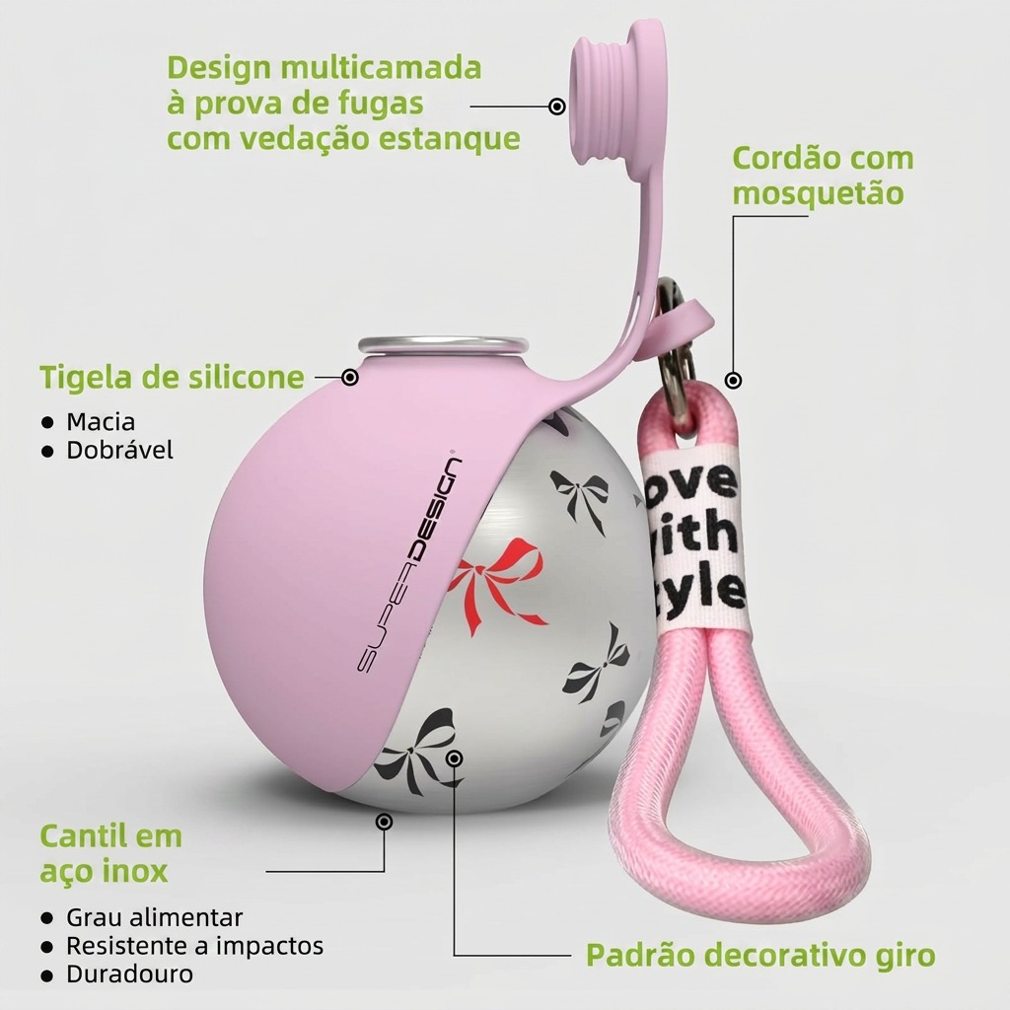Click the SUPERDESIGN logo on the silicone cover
[409, 565]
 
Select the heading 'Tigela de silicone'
[172, 378]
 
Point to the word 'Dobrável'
[119, 450]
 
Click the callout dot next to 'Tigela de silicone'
[350, 377]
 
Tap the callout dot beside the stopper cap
[557, 107]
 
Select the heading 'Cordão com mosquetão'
[823, 176]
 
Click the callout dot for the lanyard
[733, 381]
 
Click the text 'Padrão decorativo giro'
[760, 955]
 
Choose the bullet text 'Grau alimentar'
[155, 917]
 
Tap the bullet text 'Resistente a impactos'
[194, 946]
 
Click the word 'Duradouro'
[129, 974]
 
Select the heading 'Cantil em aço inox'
[110, 853]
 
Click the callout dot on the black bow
[454, 758]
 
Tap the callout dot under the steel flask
[384, 822]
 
